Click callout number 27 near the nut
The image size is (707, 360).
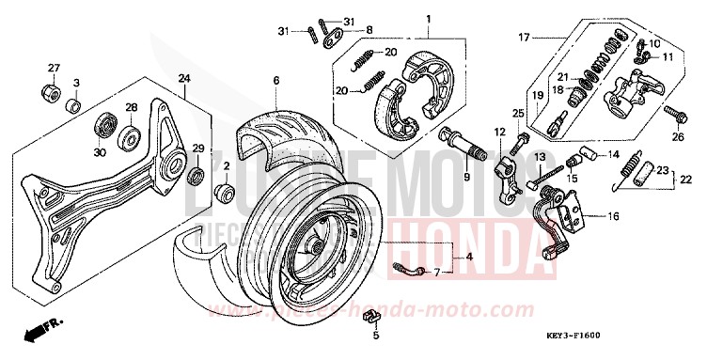coord(54,68)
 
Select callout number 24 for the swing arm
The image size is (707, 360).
coord(183,78)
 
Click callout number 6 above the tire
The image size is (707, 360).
coord(276,82)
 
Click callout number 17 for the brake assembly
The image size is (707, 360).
coord(525,37)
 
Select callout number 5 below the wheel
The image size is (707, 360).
coord(373,335)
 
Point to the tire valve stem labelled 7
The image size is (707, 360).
coord(403,272)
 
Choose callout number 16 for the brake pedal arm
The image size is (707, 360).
coord(613,215)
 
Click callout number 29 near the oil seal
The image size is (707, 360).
coord(198,149)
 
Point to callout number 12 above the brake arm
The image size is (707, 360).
coord(500,133)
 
